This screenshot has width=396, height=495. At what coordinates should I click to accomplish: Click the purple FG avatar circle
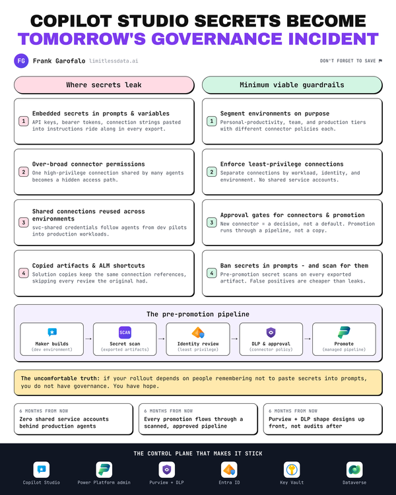(21, 61)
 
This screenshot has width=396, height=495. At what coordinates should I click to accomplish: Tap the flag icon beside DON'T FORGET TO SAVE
(380, 61)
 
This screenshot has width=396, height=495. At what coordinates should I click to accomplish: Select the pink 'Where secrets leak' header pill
(104, 85)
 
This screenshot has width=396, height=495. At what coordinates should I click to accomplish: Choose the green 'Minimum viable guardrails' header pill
(292, 85)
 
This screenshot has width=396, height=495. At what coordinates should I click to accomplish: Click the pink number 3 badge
(24, 222)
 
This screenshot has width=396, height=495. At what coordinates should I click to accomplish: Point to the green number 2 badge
(212, 172)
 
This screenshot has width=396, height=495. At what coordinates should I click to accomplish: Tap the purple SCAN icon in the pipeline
(125, 333)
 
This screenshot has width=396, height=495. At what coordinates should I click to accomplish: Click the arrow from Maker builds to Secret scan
(88, 339)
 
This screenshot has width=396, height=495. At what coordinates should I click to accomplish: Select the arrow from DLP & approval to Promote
(308, 339)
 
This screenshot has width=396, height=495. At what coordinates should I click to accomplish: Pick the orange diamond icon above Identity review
(198, 333)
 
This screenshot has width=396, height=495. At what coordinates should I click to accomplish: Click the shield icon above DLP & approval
(271, 333)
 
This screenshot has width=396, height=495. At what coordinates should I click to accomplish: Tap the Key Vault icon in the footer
(292, 470)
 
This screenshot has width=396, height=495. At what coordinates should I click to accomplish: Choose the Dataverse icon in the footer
(354, 470)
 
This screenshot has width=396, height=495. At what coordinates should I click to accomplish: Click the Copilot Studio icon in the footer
(42, 470)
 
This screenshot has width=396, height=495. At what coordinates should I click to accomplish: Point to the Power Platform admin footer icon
(104, 470)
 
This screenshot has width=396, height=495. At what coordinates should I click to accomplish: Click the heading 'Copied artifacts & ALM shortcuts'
(88, 266)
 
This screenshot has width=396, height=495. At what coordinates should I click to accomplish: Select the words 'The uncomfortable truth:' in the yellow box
(60, 378)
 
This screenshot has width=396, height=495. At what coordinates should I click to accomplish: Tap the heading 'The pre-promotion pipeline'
(198, 314)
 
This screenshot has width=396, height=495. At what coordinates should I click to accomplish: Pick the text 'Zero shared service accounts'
(64, 419)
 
